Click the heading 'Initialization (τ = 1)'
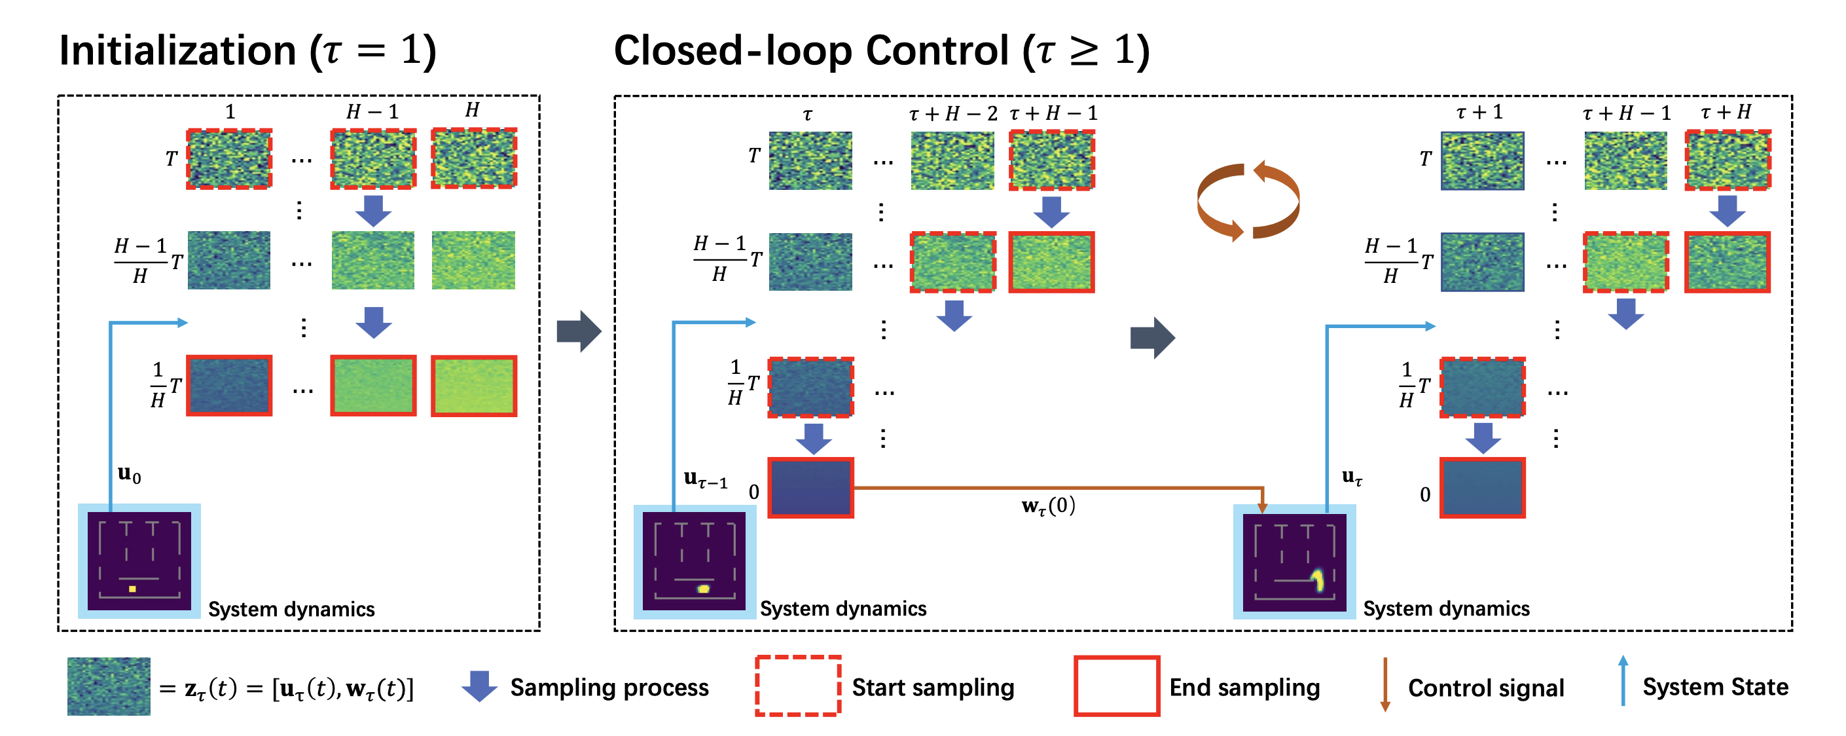247,50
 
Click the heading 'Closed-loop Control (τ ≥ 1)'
882,50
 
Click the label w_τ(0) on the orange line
1047,506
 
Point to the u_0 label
129,475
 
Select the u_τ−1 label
705,479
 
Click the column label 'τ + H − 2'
952,113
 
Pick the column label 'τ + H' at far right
1726,112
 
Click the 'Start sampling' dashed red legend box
797,686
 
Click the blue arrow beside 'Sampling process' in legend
479,686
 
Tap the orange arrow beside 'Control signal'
1384,684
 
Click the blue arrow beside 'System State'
1623,681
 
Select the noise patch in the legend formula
109,686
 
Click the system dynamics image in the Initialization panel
139,561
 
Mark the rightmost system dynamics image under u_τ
1294,562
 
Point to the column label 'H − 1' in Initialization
372,112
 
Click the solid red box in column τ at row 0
810,488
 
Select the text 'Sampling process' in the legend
609,688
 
